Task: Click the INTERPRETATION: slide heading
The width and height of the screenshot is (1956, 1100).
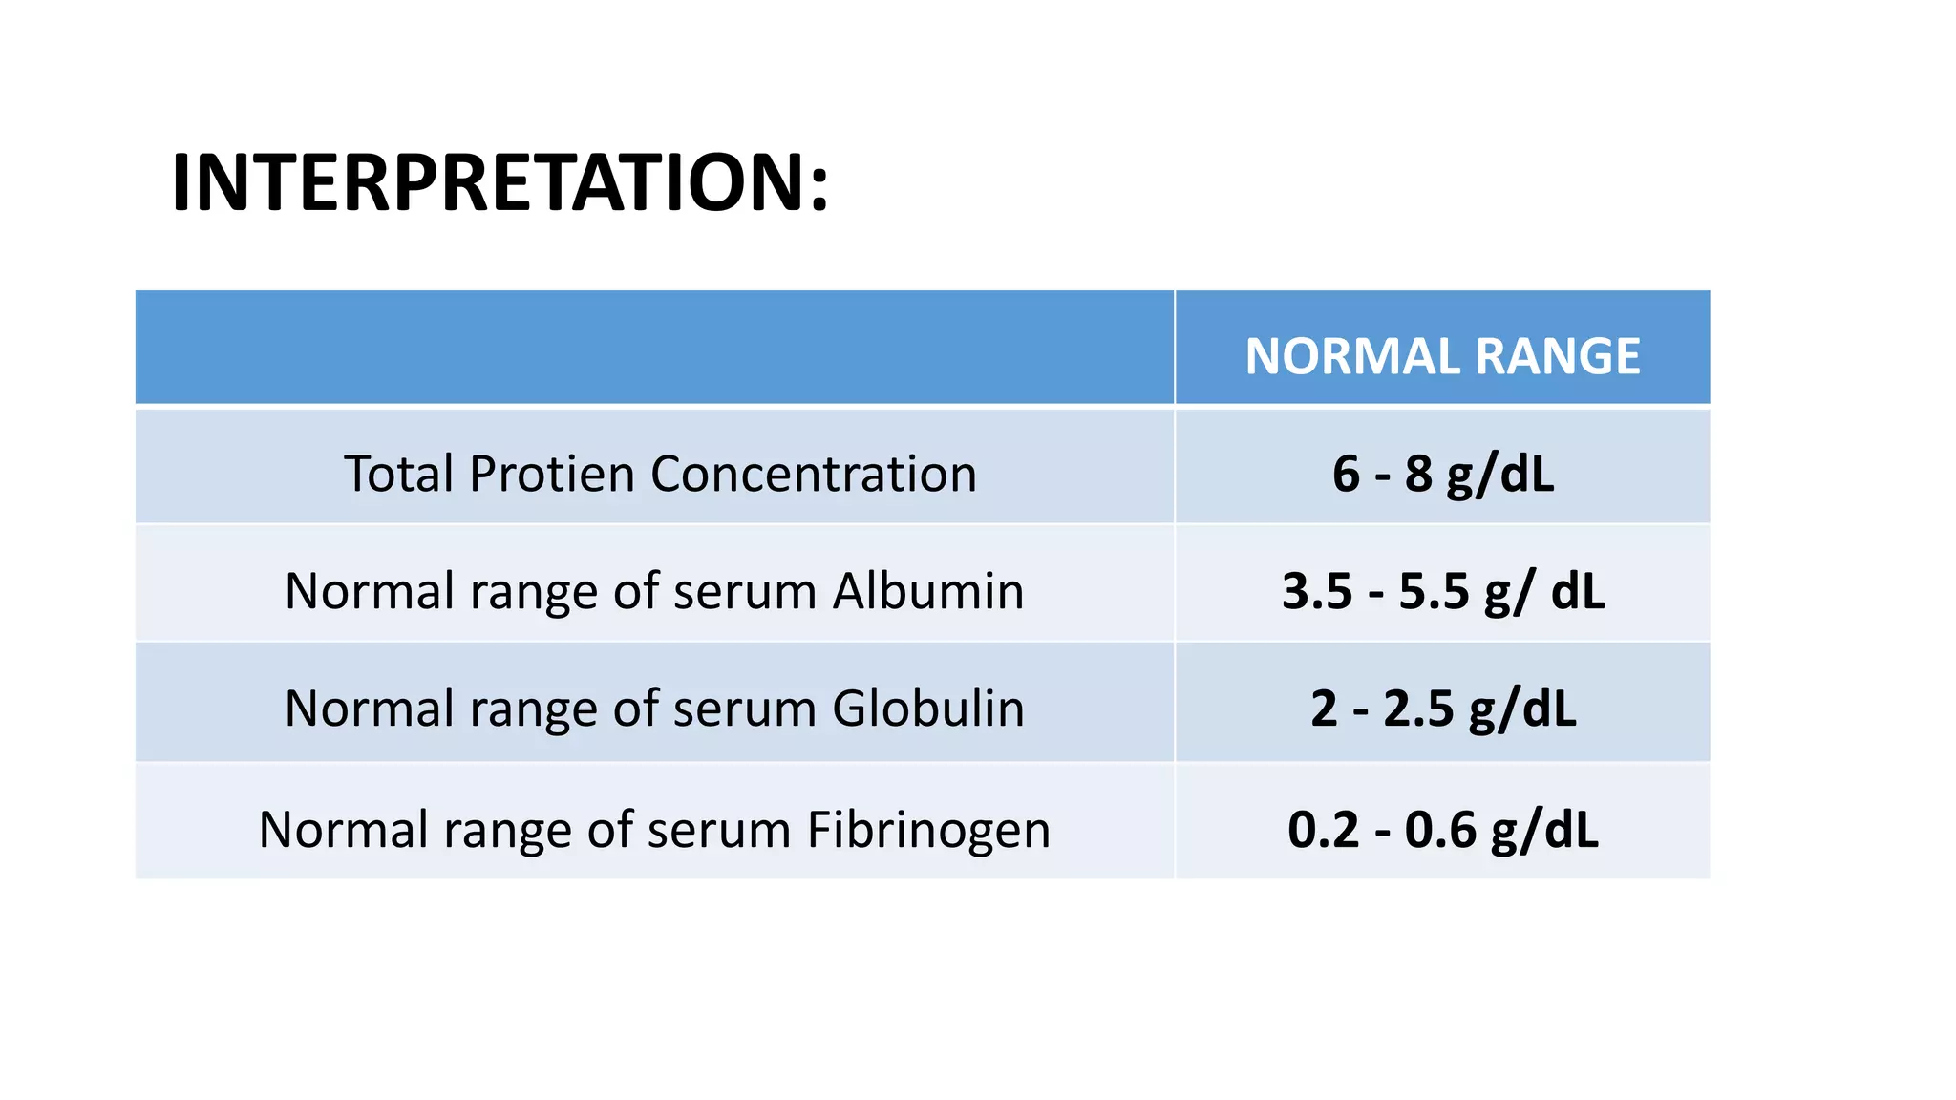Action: point(500,183)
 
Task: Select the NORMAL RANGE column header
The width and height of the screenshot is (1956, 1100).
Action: point(1442,356)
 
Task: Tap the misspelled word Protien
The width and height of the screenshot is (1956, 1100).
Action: point(552,474)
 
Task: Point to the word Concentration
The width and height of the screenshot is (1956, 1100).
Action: point(814,474)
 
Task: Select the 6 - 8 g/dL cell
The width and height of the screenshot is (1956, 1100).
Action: point(1442,474)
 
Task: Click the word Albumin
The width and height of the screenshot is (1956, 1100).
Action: point(928,591)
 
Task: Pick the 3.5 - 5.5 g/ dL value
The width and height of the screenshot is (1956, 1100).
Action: point(1442,591)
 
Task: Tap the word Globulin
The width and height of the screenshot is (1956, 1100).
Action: point(928,709)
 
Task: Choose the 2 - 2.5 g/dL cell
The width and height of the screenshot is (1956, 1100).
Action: point(1442,709)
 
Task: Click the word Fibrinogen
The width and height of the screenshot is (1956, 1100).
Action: point(928,829)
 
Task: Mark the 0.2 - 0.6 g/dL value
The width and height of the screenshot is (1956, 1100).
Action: point(1442,829)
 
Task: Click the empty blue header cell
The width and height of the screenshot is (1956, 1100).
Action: point(654,348)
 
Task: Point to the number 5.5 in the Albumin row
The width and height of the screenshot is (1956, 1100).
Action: point(1434,591)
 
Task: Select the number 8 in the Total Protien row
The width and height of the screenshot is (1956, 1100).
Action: point(1418,474)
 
